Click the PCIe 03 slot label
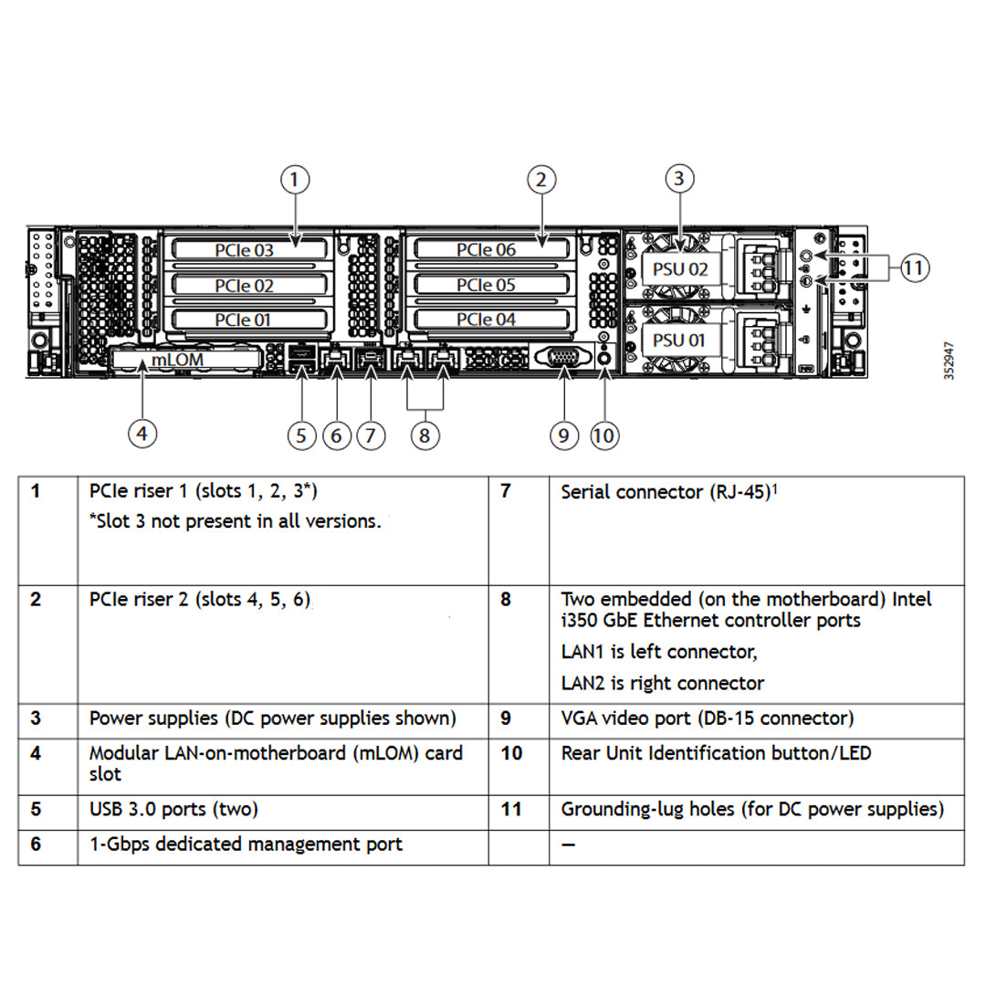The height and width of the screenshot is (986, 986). click(244, 249)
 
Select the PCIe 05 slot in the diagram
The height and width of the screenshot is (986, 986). click(486, 285)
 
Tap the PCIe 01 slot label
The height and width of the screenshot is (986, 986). click(244, 320)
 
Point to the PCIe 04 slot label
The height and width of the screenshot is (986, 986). click(486, 320)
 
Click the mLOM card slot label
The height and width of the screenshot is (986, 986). click(177, 360)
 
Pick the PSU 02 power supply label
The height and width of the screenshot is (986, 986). click(680, 269)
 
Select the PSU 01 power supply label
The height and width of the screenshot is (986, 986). click(680, 340)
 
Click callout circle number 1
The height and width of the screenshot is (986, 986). click(294, 180)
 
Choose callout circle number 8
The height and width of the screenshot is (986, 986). click(425, 435)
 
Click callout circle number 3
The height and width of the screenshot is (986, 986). click(678, 178)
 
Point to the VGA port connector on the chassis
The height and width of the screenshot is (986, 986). click(563, 358)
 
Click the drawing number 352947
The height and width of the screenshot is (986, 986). click(949, 361)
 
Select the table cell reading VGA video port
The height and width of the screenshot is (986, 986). click(707, 719)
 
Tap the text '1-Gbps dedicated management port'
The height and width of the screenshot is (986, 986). click(246, 844)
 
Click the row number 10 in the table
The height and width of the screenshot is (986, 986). click(512, 754)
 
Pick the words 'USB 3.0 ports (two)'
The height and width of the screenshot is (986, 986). click(173, 809)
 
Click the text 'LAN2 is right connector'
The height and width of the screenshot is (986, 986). click(662, 683)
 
